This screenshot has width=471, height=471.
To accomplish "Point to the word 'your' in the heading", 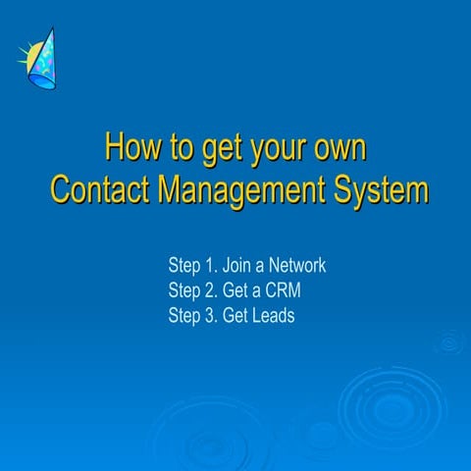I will (x=278, y=152).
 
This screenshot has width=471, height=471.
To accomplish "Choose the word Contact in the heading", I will (x=99, y=189).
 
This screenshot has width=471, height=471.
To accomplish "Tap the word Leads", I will (x=272, y=315).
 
